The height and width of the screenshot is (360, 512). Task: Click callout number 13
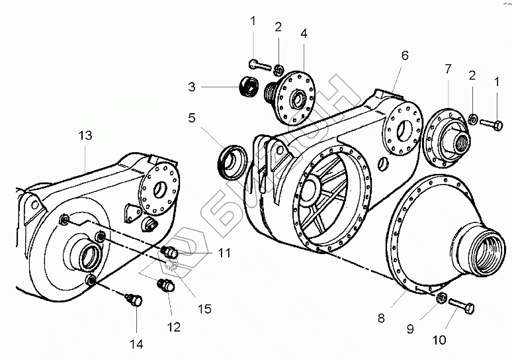[85, 135]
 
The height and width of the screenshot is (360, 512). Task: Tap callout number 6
[404, 55]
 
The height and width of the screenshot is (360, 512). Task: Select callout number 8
[380, 318]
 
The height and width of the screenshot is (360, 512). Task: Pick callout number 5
[191, 119]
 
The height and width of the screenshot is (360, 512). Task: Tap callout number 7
[448, 68]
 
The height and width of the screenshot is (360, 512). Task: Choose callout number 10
[440, 340]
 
